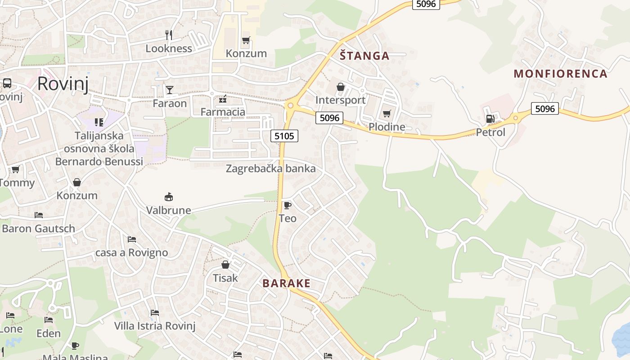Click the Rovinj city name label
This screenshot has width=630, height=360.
tap(63, 84)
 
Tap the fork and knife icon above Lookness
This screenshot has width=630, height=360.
tap(169, 35)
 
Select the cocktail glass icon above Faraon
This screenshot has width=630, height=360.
tap(169, 90)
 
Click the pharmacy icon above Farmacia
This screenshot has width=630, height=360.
tap(222, 99)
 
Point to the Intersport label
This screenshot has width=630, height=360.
tap(340, 100)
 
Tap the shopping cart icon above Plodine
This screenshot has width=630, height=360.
tap(387, 113)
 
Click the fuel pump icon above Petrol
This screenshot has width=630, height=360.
tap(490, 119)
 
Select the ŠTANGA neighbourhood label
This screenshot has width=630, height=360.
tap(364, 56)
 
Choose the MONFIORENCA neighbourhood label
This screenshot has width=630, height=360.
tap(560, 74)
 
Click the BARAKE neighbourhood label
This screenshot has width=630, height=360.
tap(286, 283)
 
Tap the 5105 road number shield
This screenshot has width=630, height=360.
tap(284, 135)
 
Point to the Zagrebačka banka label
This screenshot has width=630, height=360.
tap(270, 169)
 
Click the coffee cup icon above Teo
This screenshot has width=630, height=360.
tap(287, 205)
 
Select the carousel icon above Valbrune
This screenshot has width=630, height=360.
tap(169, 197)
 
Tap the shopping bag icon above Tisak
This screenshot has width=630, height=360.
tap(225, 265)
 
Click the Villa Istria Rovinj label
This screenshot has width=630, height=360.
tap(155, 326)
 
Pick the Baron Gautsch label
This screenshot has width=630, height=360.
tap(39, 229)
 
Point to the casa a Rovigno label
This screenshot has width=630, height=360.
tap(131, 252)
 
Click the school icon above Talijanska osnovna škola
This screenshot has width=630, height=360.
tap(99, 122)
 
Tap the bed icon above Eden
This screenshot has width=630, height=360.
tap(49, 320)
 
